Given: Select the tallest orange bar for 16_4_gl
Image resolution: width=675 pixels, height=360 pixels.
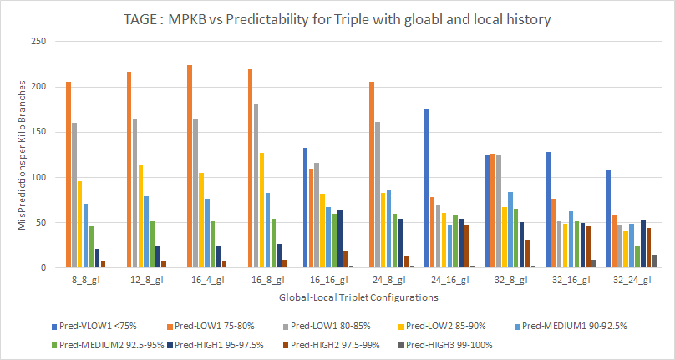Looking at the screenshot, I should (x=190, y=166).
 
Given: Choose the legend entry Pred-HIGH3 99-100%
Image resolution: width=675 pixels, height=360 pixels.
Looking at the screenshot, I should (x=451, y=343).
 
